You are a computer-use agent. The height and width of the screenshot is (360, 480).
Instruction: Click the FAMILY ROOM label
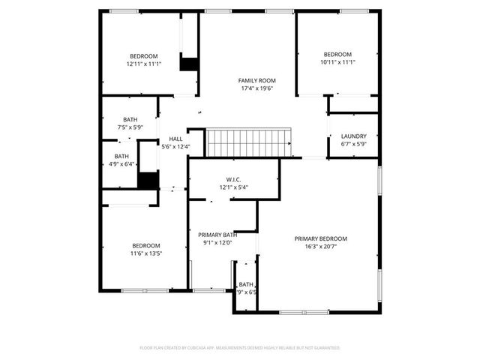[x=256, y=80]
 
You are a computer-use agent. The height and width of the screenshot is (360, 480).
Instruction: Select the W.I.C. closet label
[x=233, y=179]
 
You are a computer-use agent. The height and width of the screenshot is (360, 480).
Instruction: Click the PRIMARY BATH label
[x=219, y=235]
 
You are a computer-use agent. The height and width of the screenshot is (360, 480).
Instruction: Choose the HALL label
[x=175, y=139]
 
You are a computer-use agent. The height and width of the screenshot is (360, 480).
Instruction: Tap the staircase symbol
[x=250, y=141]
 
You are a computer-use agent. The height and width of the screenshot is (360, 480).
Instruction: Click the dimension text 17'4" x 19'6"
[x=256, y=88]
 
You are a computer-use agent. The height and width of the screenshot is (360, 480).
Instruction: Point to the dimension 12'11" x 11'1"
[x=143, y=64]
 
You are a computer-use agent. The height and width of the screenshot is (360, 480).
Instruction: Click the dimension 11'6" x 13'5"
[x=146, y=253]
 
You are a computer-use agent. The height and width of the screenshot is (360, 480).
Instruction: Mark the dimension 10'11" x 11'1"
[x=337, y=62]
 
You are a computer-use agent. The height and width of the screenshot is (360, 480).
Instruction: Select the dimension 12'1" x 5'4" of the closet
[x=233, y=187]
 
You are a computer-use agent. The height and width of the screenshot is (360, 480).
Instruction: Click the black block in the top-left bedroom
[x=188, y=64]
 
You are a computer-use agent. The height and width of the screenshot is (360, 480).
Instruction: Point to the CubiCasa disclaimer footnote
[x=240, y=348]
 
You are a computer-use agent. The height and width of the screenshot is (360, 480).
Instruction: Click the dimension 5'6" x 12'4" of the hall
[x=175, y=147]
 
